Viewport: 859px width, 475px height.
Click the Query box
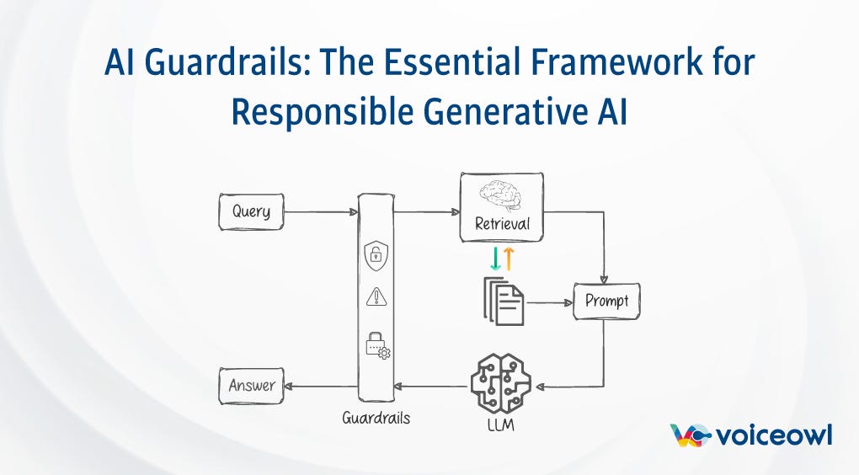[x=251, y=211]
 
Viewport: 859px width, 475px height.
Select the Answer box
[x=251, y=386]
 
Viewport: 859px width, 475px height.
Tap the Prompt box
[x=606, y=302]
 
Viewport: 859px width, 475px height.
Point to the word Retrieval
[x=502, y=224]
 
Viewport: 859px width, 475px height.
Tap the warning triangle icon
[x=375, y=296]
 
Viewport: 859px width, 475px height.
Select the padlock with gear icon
[x=376, y=344]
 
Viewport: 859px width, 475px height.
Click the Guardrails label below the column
[x=376, y=417]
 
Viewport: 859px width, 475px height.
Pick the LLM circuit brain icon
[x=500, y=383]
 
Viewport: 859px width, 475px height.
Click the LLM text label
[x=500, y=424]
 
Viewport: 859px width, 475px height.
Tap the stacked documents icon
[x=504, y=302]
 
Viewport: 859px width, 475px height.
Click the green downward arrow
[x=495, y=259]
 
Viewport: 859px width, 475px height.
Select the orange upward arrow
[x=509, y=259]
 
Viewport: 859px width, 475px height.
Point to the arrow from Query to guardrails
[x=320, y=211]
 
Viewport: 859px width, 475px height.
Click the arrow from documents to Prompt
[x=548, y=302]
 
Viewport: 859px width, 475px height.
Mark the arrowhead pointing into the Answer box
[x=289, y=387]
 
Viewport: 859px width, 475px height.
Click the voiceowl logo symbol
[x=689, y=435]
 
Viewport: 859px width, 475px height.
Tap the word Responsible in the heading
[x=328, y=111]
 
